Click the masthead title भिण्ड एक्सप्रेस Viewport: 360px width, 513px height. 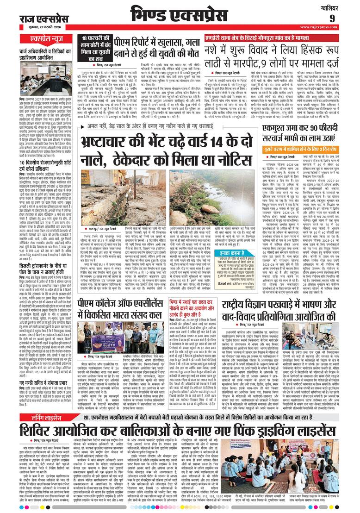coord(180,13)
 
